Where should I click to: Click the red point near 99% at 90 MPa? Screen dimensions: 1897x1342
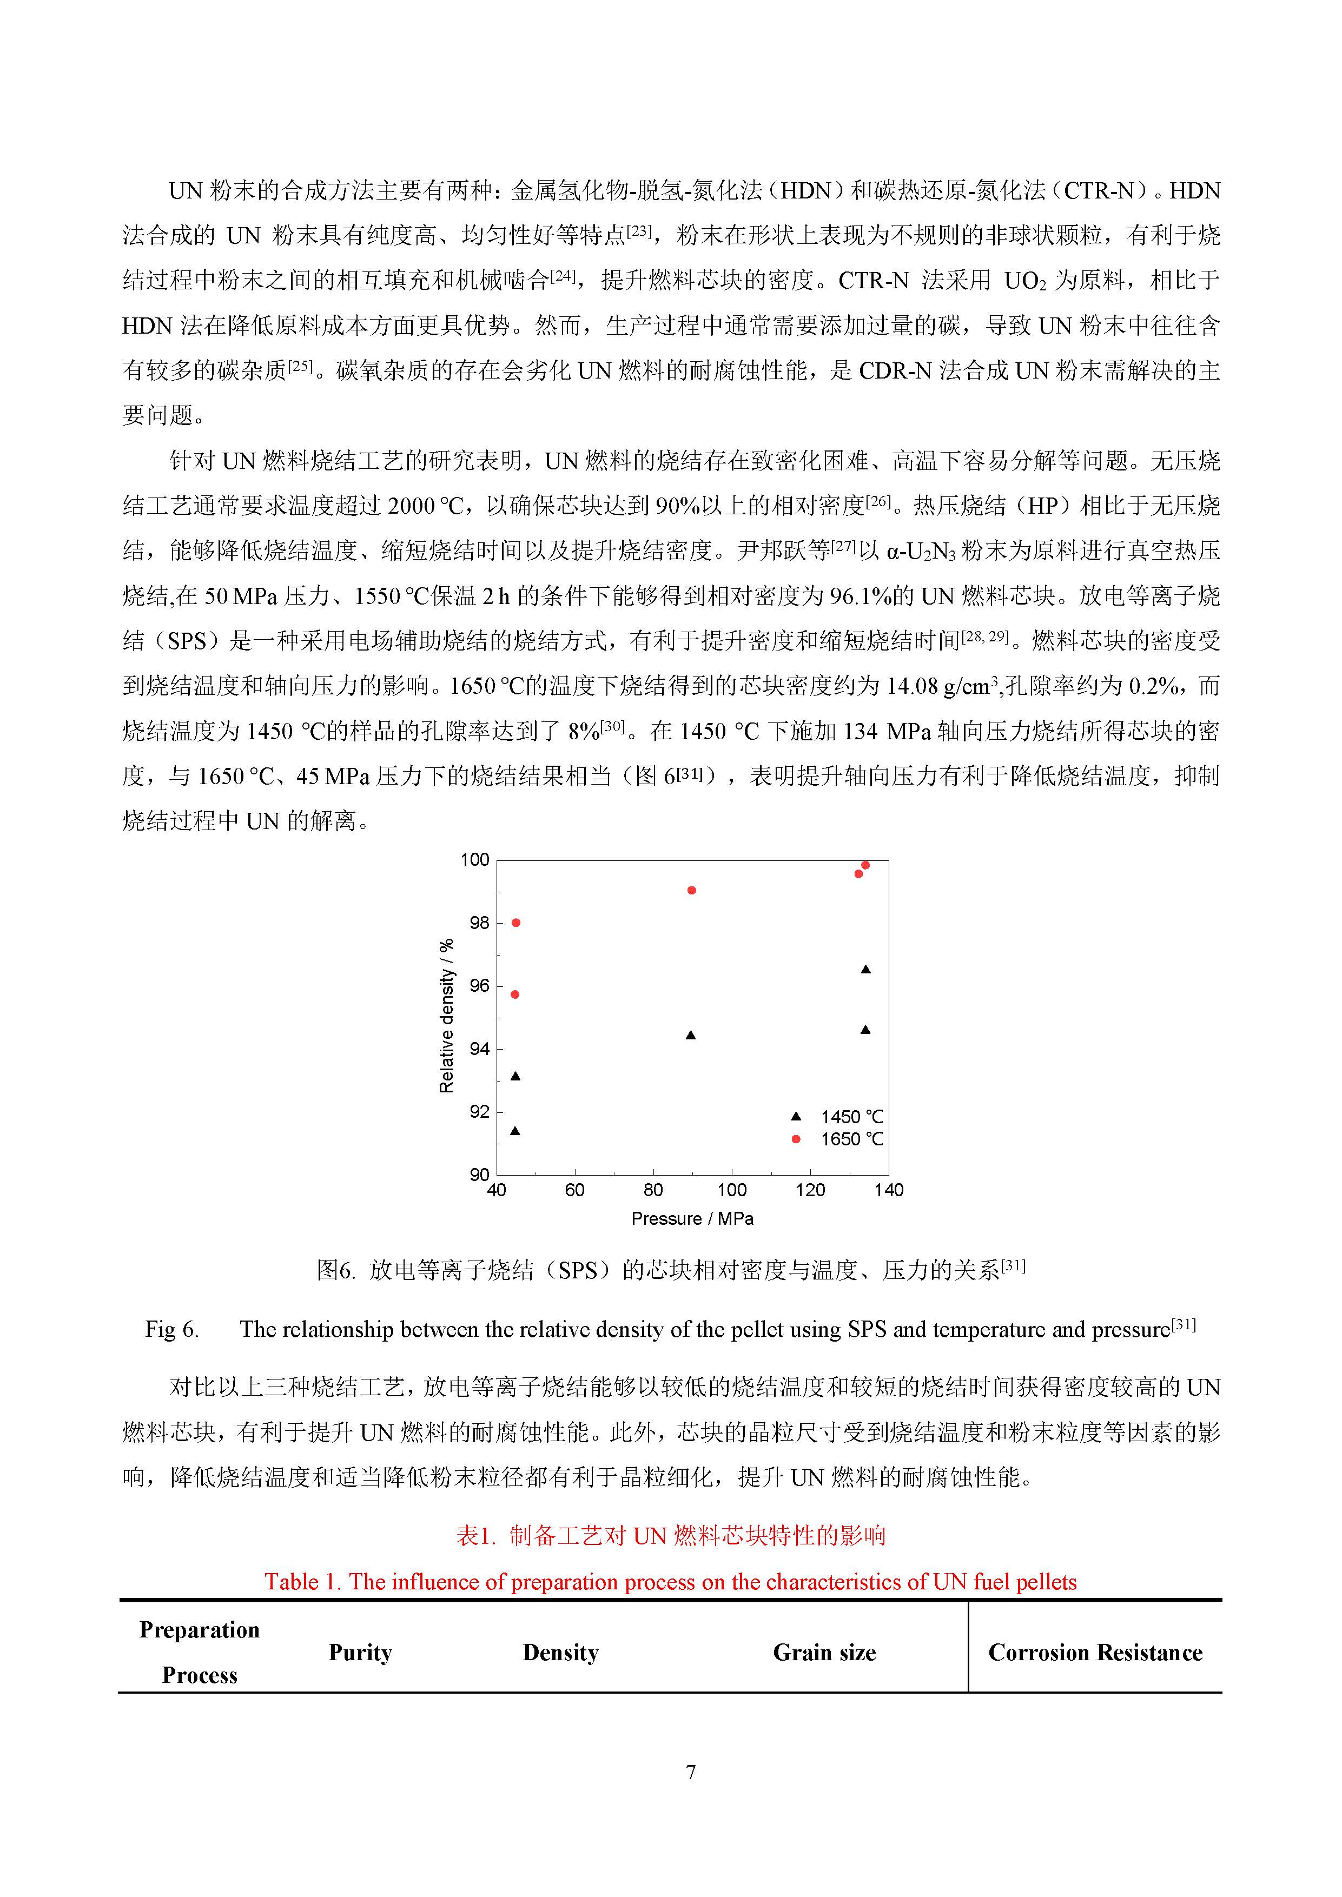692,890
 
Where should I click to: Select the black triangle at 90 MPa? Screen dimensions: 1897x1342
691,1035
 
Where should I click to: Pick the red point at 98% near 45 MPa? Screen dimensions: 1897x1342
517,923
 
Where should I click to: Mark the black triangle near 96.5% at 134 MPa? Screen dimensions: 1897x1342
866,969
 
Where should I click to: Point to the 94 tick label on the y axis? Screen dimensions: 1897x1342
479,1049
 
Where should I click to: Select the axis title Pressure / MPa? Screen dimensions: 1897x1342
692,1219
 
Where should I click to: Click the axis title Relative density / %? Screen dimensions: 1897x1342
446,1016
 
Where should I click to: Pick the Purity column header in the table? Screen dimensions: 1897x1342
360,1653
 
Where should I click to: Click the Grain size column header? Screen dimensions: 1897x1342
824,1653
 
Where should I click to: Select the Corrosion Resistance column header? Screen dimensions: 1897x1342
1095,1653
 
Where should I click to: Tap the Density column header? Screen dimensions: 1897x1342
560,1653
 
